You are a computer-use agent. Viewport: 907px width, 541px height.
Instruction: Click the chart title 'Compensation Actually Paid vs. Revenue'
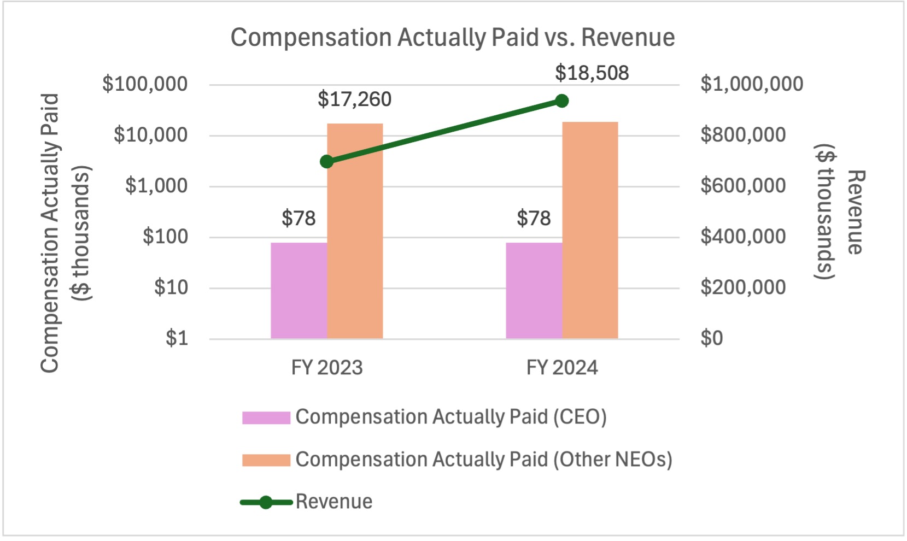(x=452, y=38)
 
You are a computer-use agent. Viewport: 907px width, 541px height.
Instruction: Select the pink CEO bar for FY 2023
(x=299, y=290)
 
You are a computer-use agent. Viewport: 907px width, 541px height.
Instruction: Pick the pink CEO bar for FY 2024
(x=534, y=290)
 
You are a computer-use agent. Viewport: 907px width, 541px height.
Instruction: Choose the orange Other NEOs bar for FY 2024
(x=590, y=230)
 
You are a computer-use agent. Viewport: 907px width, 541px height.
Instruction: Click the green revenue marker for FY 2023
(x=327, y=162)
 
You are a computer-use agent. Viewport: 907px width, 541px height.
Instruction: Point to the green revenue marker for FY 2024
(x=561, y=101)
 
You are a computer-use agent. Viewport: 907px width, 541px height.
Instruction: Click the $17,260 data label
(x=354, y=99)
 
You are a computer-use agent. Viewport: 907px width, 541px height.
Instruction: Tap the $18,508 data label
(x=592, y=73)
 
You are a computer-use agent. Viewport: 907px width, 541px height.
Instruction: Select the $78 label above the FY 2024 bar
(x=534, y=219)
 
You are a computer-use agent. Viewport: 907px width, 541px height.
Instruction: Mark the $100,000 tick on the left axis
(x=145, y=84)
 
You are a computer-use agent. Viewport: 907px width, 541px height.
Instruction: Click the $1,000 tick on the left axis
(x=156, y=186)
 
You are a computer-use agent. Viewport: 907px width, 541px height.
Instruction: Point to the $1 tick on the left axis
(x=177, y=338)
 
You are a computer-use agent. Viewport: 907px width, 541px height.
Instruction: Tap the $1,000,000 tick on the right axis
(x=752, y=84)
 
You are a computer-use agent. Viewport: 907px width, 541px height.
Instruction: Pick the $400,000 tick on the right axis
(x=743, y=237)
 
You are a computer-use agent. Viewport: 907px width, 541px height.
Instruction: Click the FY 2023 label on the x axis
(x=327, y=368)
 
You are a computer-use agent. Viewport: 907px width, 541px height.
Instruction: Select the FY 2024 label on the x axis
(x=562, y=368)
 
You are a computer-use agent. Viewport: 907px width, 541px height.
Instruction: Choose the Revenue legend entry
(x=333, y=502)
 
